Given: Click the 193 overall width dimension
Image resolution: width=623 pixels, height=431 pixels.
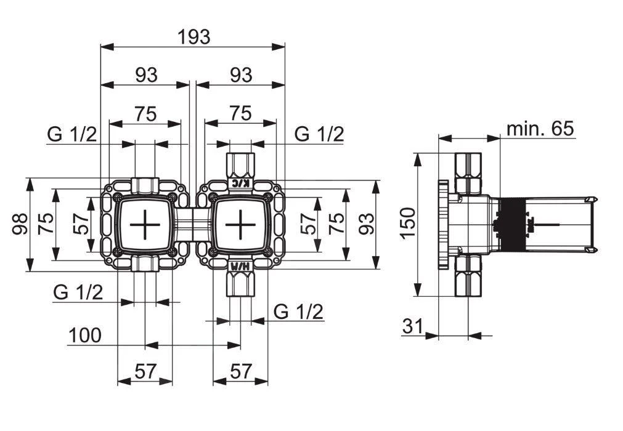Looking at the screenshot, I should [x=193, y=37].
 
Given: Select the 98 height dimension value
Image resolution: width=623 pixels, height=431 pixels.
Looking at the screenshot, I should [x=20, y=225].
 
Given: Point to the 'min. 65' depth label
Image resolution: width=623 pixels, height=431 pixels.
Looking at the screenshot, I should [x=540, y=129].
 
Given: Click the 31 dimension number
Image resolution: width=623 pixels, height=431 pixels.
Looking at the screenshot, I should [x=413, y=326].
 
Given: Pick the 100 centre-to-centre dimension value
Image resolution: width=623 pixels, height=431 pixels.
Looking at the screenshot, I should [x=84, y=336].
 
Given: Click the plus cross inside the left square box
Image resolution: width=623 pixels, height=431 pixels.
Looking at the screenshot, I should [x=145, y=225].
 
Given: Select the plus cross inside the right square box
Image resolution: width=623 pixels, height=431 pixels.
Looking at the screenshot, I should [x=239, y=225].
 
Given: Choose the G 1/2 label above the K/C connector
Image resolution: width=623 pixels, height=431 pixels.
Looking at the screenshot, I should [x=319, y=134].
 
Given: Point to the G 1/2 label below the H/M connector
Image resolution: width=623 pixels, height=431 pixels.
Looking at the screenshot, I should [x=298, y=312].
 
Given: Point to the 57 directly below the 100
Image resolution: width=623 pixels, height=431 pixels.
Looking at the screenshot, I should [x=145, y=371].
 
